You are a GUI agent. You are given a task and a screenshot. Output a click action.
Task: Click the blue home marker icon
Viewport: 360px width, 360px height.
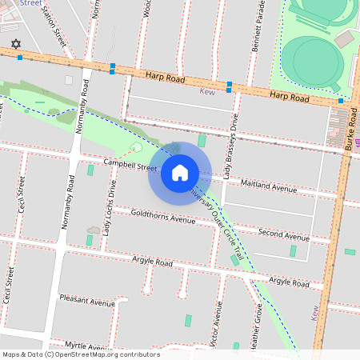point(180,173)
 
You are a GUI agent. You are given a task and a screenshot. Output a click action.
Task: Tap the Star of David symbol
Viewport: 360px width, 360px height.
point(14,45)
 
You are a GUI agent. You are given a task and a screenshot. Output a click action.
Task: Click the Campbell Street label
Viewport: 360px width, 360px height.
point(130,166)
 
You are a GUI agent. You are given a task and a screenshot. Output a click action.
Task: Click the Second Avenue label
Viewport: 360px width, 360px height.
point(283,234)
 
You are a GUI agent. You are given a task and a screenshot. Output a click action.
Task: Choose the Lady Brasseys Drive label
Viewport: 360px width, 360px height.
point(230,145)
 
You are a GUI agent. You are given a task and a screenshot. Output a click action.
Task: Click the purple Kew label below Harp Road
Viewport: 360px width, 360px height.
point(206,91)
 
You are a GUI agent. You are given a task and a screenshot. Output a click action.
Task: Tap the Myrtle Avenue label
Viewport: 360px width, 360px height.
point(86,346)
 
